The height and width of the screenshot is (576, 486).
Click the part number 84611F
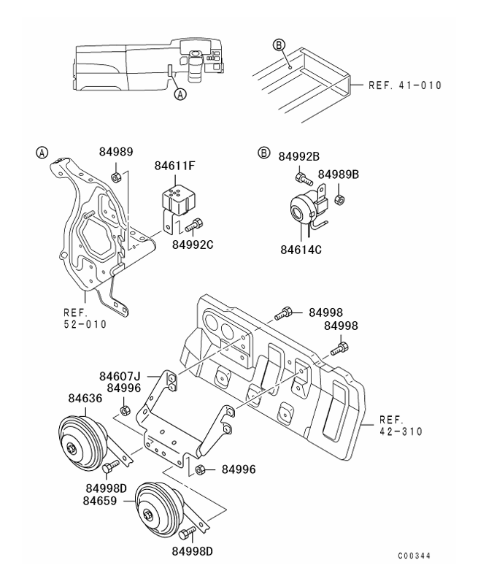point(174,166)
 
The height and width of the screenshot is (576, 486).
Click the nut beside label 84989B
point(339,199)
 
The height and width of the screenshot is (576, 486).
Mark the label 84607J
point(120,377)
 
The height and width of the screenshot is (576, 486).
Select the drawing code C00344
point(414,556)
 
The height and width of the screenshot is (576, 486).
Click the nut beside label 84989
point(115,177)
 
